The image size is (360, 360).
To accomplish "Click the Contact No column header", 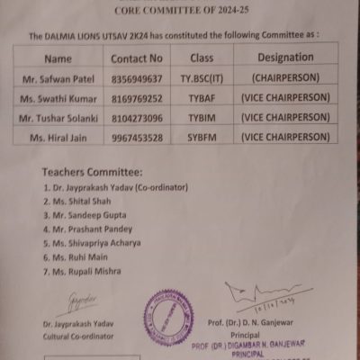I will (137, 58).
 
